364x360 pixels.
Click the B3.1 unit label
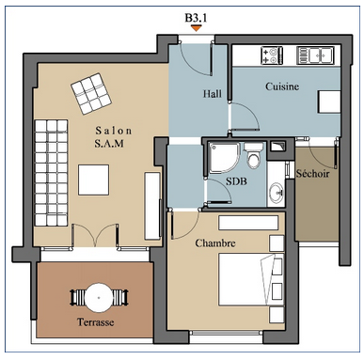(196, 18)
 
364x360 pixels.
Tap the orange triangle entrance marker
(197, 28)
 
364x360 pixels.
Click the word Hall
(212, 93)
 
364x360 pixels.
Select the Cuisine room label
(282, 86)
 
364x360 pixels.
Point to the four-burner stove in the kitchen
(272, 55)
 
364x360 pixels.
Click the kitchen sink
(315, 55)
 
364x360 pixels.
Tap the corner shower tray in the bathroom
(224, 157)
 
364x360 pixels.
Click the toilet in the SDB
(253, 155)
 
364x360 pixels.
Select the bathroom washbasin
(277, 192)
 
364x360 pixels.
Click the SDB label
(236, 181)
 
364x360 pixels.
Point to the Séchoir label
(313, 173)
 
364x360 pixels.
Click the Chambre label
(215, 243)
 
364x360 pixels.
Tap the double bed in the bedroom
(251, 279)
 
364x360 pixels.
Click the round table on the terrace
(99, 297)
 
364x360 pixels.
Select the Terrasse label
(95, 321)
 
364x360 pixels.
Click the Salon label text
(114, 131)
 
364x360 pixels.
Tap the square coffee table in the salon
(94, 180)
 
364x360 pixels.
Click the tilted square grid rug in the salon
(91, 94)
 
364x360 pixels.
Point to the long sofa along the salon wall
(51, 173)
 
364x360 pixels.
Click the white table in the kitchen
(329, 102)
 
